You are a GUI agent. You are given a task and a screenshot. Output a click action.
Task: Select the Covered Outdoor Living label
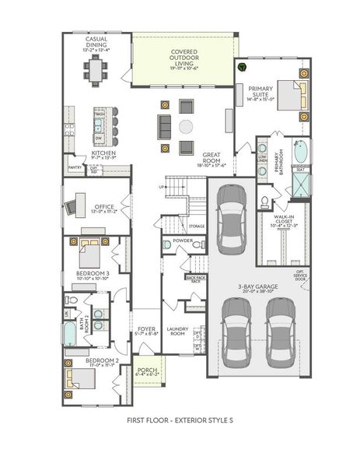click(x=184, y=59)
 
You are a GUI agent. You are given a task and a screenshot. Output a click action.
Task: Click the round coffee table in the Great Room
click(x=186, y=127)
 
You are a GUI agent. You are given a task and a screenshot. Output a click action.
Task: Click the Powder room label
click(x=183, y=241)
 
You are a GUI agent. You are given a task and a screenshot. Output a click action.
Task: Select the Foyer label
click(x=147, y=332)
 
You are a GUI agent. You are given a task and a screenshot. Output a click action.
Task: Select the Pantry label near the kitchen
click(x=75, y=167)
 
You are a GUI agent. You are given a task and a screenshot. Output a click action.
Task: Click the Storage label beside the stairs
click(x=196, y=226)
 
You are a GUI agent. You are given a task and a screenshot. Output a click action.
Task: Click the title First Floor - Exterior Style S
click(x=180, y=421)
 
